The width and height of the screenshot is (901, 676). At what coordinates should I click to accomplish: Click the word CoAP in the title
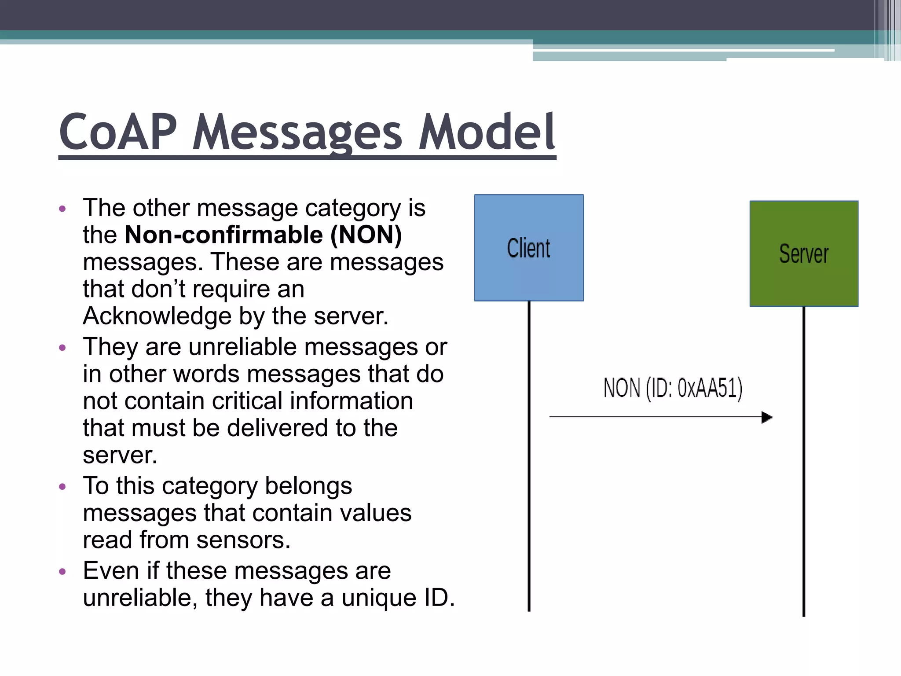click(x=118, y=132)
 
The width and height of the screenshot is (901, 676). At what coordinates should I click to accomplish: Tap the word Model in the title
click(x=487, y=132)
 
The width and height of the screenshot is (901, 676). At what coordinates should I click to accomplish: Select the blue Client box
click(x=529, y=248)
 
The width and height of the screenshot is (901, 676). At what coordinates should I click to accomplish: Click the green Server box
click(x=804, y=253)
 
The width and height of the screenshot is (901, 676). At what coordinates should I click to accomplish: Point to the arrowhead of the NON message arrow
click(x=767, y=417)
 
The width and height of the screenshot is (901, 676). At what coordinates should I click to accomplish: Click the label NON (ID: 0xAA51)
click(x=673, y=388)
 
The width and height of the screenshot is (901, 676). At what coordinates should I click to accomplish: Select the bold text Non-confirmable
click(x=224, y=235)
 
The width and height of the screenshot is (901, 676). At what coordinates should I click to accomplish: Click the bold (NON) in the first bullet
click(x=366, y=235)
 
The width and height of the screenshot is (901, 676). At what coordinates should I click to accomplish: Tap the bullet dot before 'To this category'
click(x=62, y=487)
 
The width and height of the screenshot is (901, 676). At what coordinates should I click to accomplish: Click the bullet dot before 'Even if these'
click(x=62, y=572)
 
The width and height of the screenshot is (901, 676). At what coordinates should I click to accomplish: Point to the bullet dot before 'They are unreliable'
click(x=62, y=348)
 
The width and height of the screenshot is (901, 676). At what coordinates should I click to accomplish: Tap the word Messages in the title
click(x=297, y=132)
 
